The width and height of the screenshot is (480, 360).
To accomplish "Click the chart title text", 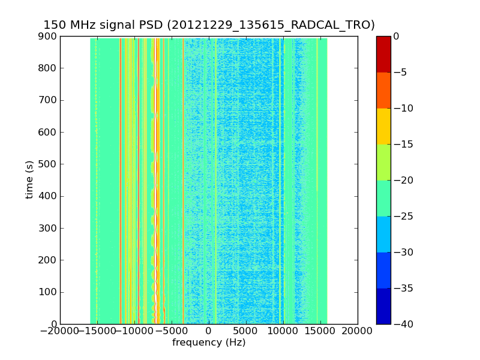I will [x=209, y=25].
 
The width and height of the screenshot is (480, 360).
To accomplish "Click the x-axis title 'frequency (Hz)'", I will [x=209, y=343].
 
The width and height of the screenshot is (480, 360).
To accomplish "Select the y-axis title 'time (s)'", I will [x=29, y=180].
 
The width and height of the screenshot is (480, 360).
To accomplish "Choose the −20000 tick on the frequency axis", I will [x=60, y=331].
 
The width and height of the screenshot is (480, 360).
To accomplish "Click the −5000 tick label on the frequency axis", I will [x=172, y=331].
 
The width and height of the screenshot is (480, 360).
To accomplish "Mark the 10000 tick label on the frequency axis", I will [x=283, y=331].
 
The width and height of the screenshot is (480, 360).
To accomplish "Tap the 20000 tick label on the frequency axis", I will [x=358, y=331].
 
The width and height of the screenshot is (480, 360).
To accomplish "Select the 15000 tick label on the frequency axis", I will [x=320, y=331].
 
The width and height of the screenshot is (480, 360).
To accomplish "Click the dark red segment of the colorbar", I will [x=383, y=54].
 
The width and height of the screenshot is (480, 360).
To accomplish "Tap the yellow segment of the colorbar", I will [x=383, y=126].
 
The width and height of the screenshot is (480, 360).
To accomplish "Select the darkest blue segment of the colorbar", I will [x=383, y=306].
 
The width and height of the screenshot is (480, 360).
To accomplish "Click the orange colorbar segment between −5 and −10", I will [x=383, y=90].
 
